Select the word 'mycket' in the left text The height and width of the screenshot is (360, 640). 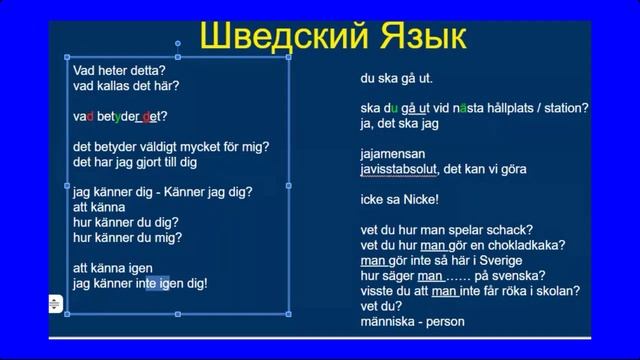[x=203, y=146]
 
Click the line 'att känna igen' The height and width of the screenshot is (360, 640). [x=112, y=268]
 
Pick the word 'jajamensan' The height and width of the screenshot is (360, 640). [x=393, y=154]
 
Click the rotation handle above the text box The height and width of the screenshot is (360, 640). [x=178, y=44]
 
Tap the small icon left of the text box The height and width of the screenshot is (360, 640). [x=56, y=302]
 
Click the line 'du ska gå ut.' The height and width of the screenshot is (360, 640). [x=397, y=78]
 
